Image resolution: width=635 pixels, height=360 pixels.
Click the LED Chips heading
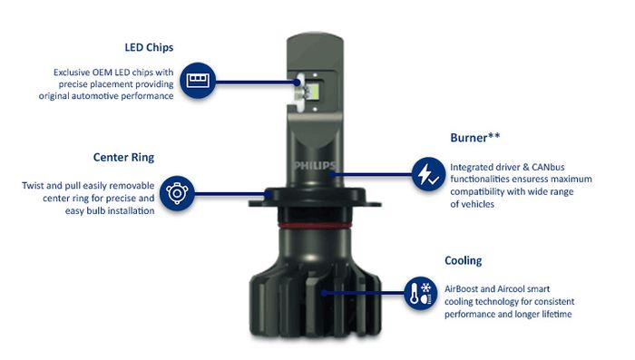[149, 48]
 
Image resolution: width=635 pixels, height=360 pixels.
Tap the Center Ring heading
[123, 158]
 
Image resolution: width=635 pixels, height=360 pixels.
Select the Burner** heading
[475, 138]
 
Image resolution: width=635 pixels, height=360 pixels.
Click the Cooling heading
[464, 260]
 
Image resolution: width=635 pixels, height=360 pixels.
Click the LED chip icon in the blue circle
[198, 80]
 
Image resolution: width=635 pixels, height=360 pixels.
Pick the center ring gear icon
[177, 193]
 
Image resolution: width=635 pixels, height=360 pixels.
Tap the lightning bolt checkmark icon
[428, 174]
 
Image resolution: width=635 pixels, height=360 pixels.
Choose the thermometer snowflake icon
[421, 293]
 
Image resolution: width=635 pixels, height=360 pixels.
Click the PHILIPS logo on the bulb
[315, 166]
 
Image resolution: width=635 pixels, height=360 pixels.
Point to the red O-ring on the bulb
[314, 225]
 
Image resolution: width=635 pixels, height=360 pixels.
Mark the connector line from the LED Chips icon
[257, 82]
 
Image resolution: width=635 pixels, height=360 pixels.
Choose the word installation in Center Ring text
[129, 211]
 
